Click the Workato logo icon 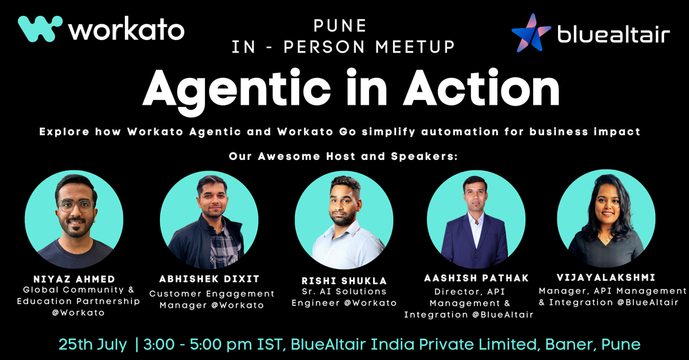[40, 28]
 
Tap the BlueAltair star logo [531, 33]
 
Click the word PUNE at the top [340, 26]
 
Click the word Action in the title [481, 88]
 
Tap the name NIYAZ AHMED [74, 279]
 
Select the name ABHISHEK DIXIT [210, 279]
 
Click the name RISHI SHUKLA [344, 281]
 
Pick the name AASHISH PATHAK [477, 278]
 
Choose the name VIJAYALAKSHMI [606, 277]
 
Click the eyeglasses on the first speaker [76, 206]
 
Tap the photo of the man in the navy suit [476, 219]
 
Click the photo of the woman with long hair [606, 219]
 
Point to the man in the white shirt [344, 220]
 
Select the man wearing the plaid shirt [209, 220]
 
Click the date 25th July [92, 344]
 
